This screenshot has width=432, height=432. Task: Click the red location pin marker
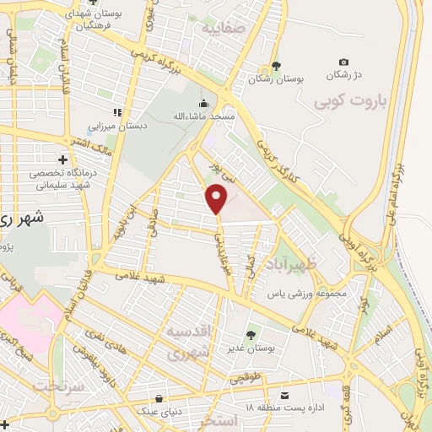click(x=217, y=199)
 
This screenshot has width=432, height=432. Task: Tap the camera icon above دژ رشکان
click(x=343, y=62)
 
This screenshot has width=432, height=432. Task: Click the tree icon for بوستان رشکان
click(x=274, y=67)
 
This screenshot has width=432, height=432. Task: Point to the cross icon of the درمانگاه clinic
click(x=62, y=159)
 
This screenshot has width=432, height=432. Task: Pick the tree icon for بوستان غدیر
click(x=251, y=337)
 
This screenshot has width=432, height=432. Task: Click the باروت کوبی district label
click(x=349, y=103)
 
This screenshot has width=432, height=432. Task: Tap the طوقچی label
click(x=246, y=379)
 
